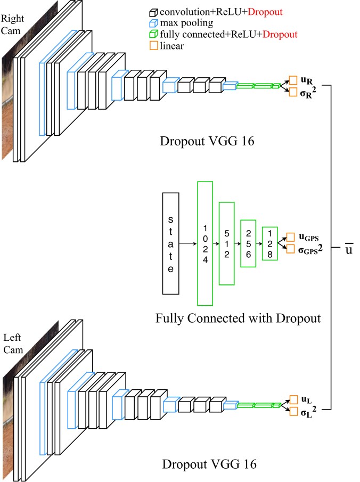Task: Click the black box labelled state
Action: pyautogui.click(x=170, y=243)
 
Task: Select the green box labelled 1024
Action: pyautogui.click(x=205, y=243)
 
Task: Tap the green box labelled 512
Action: pyautogui.click(x=226, y=243)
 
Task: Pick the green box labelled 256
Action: pyautogui.click(x=248, y=243)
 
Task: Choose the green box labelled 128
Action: pyautogui.click(x=269, y=243)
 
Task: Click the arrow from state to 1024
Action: pyautogui.click(x=188, y=244)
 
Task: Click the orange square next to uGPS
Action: pyautogui.click(x=291, y=238)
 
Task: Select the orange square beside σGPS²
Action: pyautogui.click(x=291, y=249)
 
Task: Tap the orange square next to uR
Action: pyautogui.click(x=293, y=80)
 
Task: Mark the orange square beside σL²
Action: pyautogui.click(x=293, y=411)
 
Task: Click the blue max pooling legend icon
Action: pyautogui.click(x=153, y=23)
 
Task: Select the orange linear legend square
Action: pyautogui.click(x=153, y=46)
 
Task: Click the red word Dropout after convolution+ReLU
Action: pyautogui.click(x=265, y=12)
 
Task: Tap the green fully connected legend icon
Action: pyautogui.click(x=153, y=35)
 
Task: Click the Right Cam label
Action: pyautogui.click(x=12, y=24)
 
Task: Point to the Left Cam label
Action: pyautogui.click(x=13, y=344)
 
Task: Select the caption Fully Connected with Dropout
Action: pyautogui.click(x=238, y=318)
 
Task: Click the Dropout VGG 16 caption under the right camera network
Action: pyautogui.click(x=207, y=141)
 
